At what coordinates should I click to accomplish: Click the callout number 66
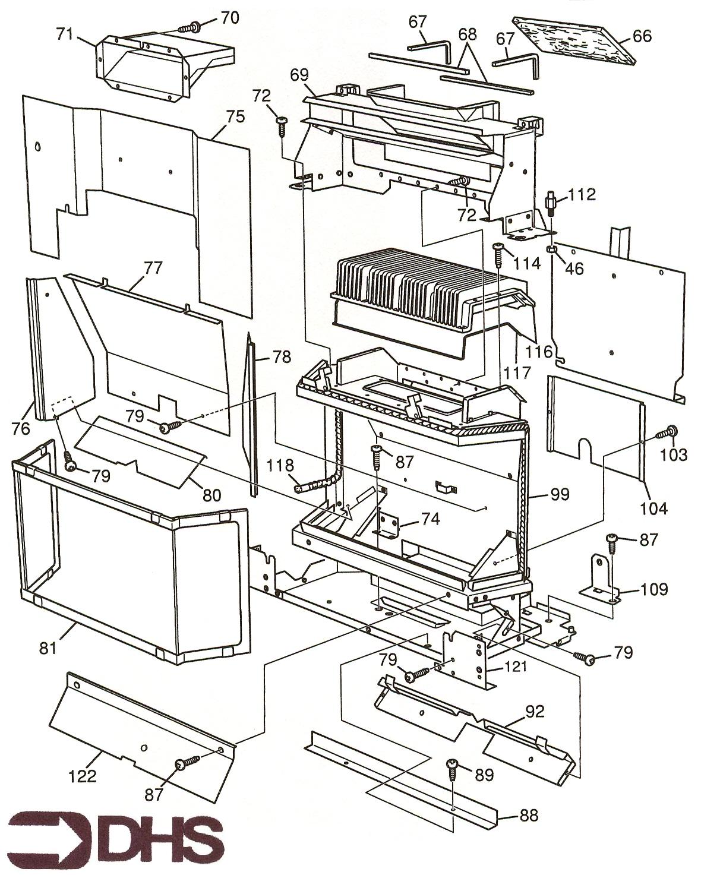pos(642,36)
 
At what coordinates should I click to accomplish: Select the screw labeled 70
pos(193,26)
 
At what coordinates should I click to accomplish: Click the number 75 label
pos(235,116)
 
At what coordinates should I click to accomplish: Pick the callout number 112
pos(582,195)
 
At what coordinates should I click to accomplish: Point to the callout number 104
pos(654,508)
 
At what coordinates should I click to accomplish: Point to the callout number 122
pos(82,776)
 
